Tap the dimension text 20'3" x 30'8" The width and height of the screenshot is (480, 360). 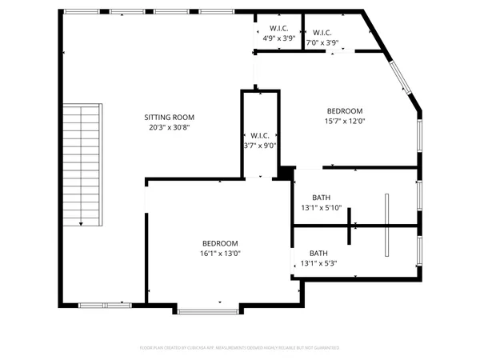click(168, 127)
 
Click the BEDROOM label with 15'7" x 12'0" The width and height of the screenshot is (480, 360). click(345, 111)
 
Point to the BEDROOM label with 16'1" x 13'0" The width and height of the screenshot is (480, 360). click(219, 243)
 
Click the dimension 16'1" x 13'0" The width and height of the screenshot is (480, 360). click(219, 254)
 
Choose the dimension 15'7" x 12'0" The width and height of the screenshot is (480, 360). click(345, 122)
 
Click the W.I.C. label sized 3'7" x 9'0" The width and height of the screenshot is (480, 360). click(260, 135)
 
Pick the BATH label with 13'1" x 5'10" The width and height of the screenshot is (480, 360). click(321, 198)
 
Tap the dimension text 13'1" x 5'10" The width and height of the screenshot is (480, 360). click(321, 208)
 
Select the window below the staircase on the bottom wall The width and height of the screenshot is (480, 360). click(103, 305)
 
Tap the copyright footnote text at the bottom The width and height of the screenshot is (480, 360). click(240, 348)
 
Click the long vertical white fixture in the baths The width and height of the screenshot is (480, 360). click(386, 225)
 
